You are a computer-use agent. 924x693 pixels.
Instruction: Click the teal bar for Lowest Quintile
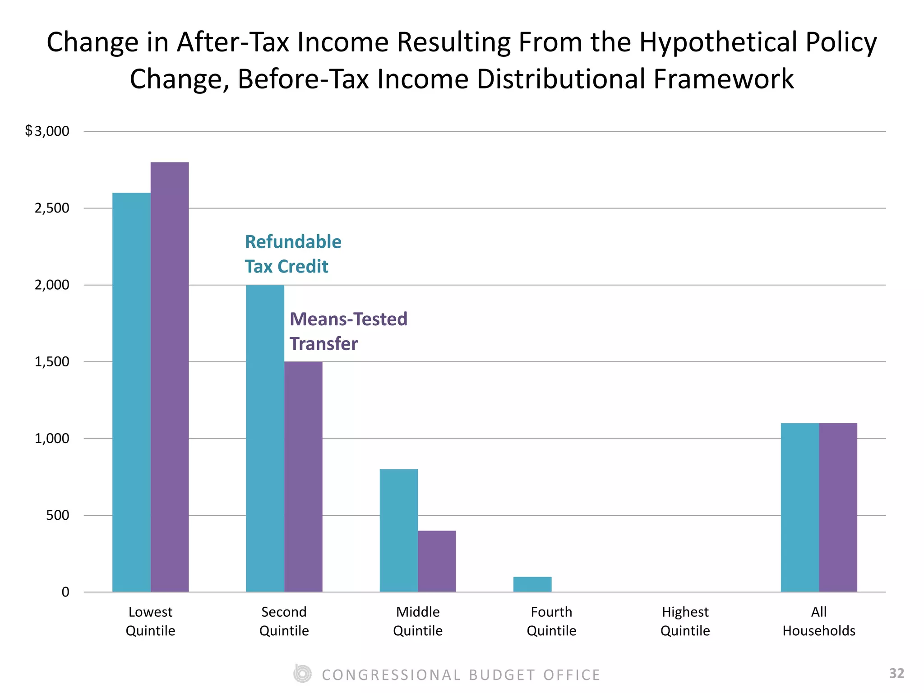click(131, 392)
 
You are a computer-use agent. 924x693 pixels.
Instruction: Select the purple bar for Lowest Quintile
click(170, 377)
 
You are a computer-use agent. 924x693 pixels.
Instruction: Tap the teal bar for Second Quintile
click(265, 438)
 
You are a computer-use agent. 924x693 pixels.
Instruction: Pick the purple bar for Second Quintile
click(303, 476)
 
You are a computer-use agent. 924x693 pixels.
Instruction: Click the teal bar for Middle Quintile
click(398, 531)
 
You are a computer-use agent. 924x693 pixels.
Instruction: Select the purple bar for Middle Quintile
click(437, 561)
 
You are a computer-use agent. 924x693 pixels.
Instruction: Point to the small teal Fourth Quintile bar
click(532, 584)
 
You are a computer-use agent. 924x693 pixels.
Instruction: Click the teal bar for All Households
click(800, 508)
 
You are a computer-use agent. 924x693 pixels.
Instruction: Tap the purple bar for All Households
click(838, 508)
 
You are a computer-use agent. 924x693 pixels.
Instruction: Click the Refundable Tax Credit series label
click(293, 254)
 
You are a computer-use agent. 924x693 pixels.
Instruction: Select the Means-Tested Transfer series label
click(348, 331)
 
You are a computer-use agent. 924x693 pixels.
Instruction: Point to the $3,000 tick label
click(47, 131)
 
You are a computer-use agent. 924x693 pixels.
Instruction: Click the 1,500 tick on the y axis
click(52, 362)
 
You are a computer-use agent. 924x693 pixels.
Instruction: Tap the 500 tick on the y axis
click(58, 515)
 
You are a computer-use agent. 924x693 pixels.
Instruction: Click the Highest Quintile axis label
click(685, 621)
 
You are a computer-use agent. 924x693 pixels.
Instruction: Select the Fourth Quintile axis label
click(551, 621)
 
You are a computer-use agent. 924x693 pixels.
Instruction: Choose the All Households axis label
click(819, 621)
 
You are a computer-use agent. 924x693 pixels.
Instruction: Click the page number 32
click(896, 673)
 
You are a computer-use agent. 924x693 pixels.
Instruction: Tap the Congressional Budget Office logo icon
click(302, 674)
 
